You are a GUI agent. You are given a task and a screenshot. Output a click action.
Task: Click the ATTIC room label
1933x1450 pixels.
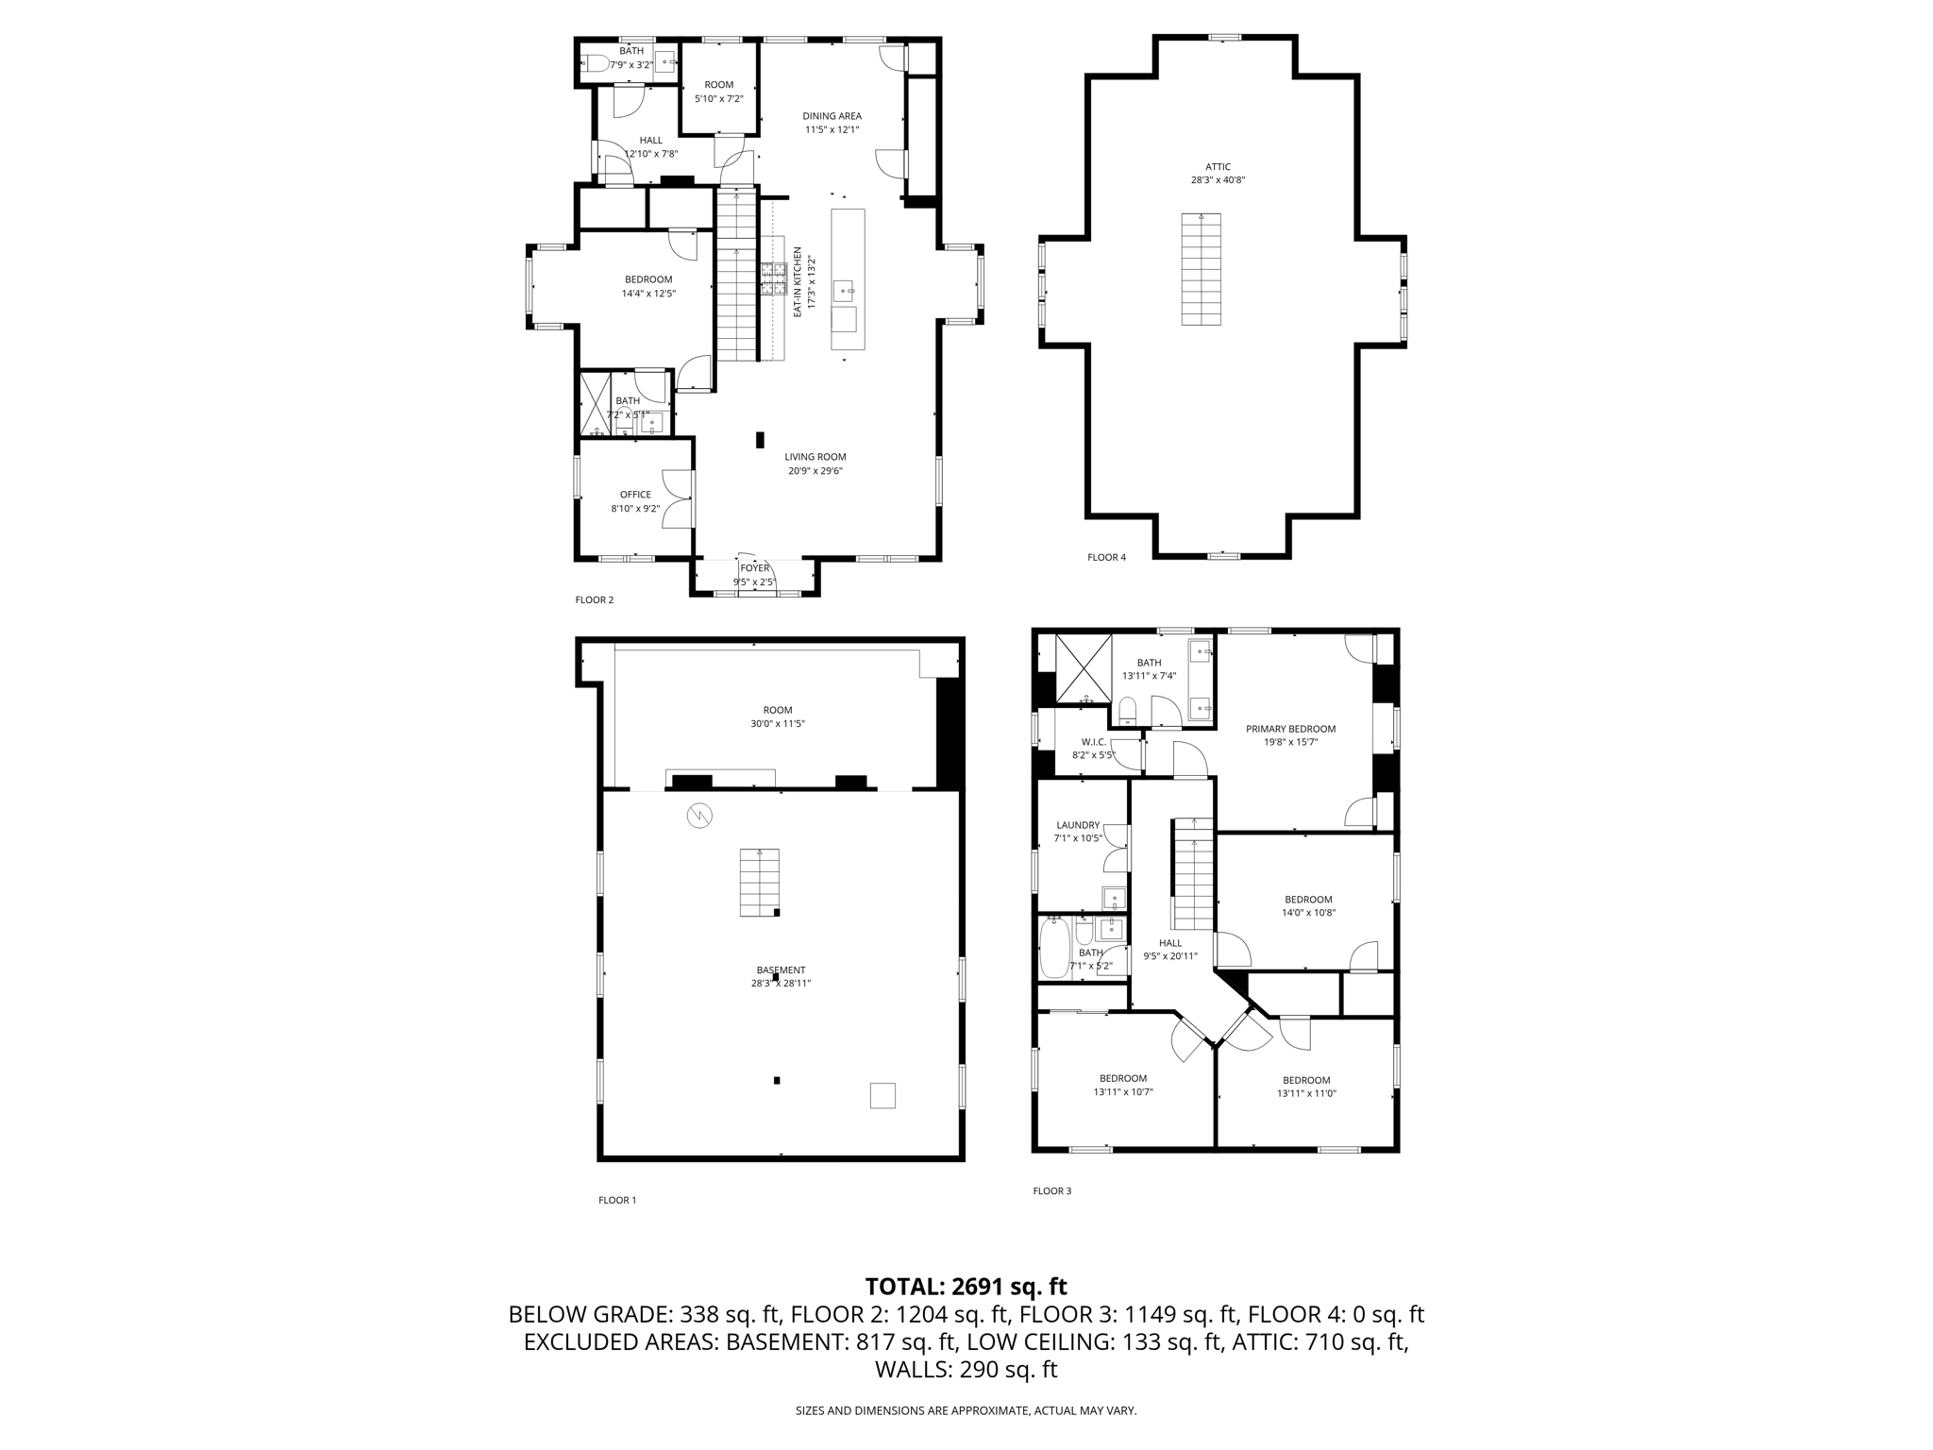click(x=1218, y=167)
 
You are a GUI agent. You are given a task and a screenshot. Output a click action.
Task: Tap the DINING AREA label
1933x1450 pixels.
click(x=832, y=116)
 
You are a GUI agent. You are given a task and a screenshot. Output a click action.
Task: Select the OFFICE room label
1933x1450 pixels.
click(x=635, y=495)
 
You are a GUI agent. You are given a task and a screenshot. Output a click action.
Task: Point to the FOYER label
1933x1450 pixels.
click(x=754, y=568)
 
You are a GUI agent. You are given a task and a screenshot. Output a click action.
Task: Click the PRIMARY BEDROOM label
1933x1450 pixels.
click(x=1290, y=729)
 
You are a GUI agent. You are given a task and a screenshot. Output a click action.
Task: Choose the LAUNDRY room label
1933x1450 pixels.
click(x=1077, y=824)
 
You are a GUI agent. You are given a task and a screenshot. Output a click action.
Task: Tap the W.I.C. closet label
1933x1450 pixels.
click(x=1093, y=742)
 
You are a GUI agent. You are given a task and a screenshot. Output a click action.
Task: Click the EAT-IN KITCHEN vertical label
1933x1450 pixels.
click(x=798, y=282)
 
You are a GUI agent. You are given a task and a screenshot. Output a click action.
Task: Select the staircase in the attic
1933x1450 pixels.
click(x=1201, y=269)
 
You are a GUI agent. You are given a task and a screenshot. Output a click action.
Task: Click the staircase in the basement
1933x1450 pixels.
click(x=760, y=882)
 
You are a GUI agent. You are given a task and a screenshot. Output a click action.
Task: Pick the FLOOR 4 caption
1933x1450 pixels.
click(x=1106, y=557)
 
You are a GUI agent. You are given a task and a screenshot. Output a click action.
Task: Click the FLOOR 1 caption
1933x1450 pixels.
click(x=617, y=1200)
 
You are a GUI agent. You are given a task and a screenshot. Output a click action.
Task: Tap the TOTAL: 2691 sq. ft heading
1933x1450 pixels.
click(x=966, y=1286)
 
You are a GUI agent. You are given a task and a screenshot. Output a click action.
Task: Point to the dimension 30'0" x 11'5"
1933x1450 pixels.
click(x=778, y=724)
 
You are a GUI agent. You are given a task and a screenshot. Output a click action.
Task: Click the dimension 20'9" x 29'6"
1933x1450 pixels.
click(x=815, y=471)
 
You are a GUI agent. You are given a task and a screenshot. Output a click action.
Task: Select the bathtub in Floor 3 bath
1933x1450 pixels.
click(x=1053, y=950)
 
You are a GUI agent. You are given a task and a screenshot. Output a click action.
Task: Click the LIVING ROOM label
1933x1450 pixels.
click(x=815, y=457)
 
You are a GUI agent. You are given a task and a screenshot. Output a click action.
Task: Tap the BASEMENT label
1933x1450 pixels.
click(x=781, y=969)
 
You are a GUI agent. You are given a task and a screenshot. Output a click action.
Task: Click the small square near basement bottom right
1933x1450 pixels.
click(x=882, y=1095)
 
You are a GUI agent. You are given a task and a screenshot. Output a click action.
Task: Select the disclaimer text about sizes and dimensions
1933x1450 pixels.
click(x=966, y=1410)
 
